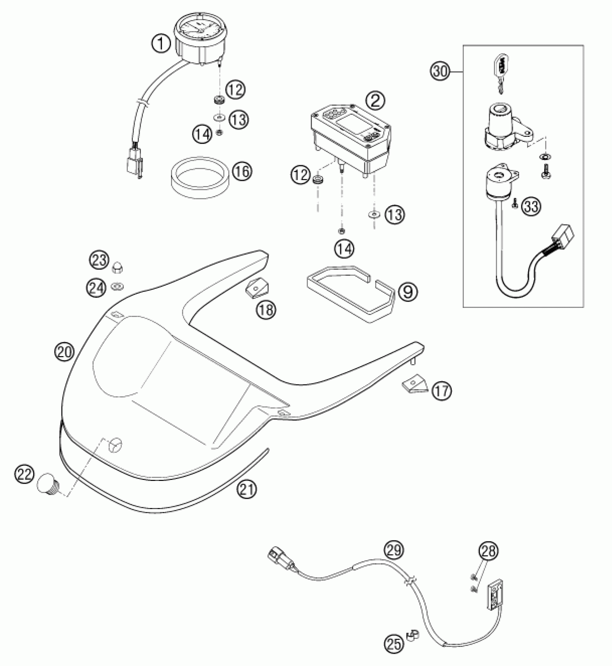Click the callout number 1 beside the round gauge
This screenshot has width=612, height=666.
(161, 44)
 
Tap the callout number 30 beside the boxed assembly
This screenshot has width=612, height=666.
(440, 71)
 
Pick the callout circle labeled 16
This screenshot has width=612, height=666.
(242, 171)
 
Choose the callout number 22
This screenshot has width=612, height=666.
(24, 475)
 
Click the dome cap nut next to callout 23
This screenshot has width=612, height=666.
(117, 267)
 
